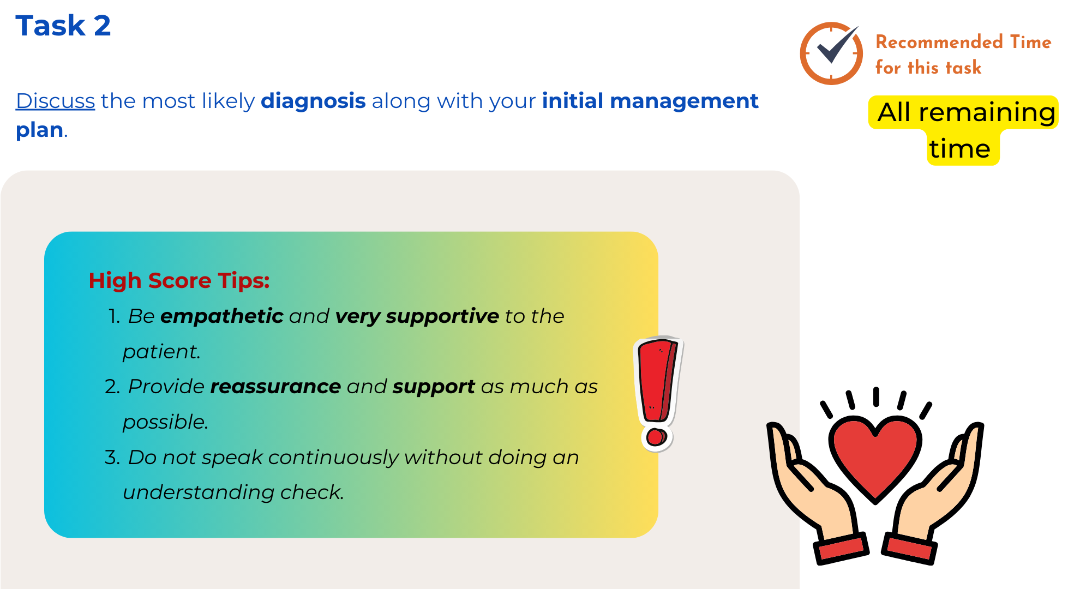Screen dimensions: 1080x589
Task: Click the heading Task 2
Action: point(63,26)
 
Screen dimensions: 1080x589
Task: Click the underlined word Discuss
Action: point(55,101)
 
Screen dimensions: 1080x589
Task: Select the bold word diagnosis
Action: point(313,101)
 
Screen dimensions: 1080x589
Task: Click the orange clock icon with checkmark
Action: point(831,53)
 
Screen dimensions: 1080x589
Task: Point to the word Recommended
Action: point(939,42)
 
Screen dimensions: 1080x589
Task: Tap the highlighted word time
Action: point(960,148)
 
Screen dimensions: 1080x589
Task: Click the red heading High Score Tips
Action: point(179,280)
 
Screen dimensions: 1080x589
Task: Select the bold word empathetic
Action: point(221,316)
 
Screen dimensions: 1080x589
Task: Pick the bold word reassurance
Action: point(275,387)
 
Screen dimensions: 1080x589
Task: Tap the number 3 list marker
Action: point(112,458)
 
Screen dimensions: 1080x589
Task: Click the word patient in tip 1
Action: point(161,352)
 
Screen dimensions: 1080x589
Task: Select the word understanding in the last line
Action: point(199,492)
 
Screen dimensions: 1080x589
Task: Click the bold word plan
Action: point(39,130)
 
